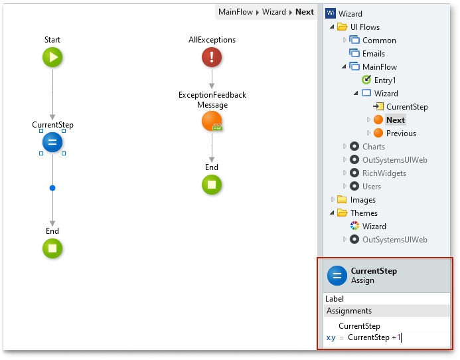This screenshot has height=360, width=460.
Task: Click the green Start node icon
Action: [x=52, y=58]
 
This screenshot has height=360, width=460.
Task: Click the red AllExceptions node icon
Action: [x=212, y=58]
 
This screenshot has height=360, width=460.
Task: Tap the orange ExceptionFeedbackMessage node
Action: [x=212, y=122]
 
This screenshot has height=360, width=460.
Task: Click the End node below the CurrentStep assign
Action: [x=52, y=249]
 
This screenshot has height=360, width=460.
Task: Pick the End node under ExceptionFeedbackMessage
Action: [x=212, y=185]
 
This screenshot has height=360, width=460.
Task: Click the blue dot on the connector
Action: [x=52, y=188]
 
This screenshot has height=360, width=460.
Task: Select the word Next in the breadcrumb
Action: [x=305, y=12]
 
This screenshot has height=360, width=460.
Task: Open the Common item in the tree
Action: [x=379, y=41]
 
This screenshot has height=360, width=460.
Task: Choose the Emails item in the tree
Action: [x=373, y=54]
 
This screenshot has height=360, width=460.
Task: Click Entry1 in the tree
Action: [x=385, y=80]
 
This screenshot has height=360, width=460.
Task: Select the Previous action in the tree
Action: [x=401, y=134]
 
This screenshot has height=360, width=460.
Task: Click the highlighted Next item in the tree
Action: [x=396, y=120]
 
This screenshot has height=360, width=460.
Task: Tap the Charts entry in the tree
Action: [x=374, y=147]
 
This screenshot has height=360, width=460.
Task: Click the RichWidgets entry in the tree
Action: [x=384, y=173]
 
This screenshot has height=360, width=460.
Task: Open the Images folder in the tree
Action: [x=363, y=200]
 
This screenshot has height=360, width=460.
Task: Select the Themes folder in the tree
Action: [x=364, y=213]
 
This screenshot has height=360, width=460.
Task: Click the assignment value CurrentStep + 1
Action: [x=374, y=338]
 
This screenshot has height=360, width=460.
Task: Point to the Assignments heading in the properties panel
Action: [x=349, y=311]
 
